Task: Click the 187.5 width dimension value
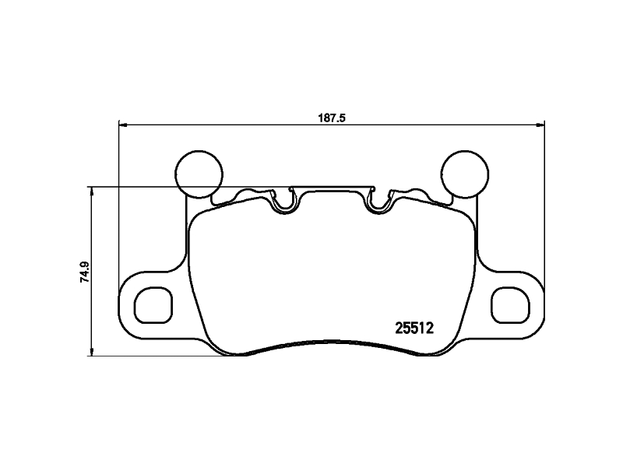pyautogui.click(x=331, y=118)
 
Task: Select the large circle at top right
pyautogui.click(x=464, y=173)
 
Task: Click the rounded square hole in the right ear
pyautogui.click(x=511, y=304)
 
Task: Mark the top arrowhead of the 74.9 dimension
pyautogui.click(x=93, y=190)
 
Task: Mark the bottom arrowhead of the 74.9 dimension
pyautogui.click(x=93, y=353)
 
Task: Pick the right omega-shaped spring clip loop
pyautogui.click(x=380, y=204)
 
